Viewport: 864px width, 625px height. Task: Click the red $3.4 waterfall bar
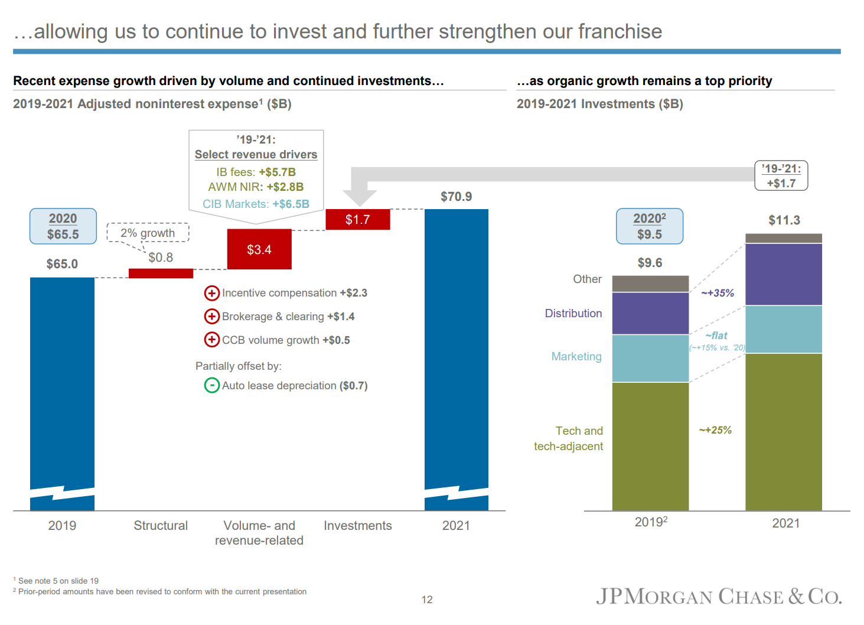259,249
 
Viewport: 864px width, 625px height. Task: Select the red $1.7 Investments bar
358,219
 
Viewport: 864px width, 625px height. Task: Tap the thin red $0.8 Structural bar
161,273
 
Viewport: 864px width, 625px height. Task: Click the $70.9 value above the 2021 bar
456,197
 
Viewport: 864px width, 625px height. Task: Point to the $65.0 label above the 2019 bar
62,264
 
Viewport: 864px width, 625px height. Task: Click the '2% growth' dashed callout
148,233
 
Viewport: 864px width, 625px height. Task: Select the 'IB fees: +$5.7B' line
256,172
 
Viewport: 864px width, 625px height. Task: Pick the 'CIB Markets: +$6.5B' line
256,204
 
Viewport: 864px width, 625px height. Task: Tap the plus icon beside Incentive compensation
211,293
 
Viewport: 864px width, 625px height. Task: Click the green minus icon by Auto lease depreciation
211,386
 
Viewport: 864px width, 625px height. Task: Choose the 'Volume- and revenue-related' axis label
259,533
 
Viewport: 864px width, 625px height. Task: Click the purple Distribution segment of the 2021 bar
784,274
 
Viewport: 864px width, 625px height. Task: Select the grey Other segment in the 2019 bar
650,284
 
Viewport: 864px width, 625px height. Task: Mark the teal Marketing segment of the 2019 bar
650,358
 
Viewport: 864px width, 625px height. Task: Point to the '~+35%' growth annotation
718,293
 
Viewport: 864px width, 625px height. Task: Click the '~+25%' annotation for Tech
715,430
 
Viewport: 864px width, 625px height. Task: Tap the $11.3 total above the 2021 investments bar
784,220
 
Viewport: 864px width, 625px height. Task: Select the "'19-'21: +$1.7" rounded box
781,175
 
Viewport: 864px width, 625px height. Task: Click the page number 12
427,600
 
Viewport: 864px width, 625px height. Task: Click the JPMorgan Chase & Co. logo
719,597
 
